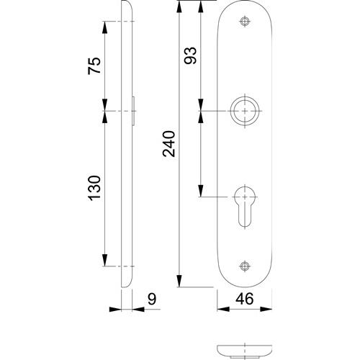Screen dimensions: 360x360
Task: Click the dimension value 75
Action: [x=94, y=66]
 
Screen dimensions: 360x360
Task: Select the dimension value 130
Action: [x=94, y=188]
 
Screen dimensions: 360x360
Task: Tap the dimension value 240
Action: [x=169, y=144]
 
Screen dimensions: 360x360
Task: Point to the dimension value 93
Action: [x=190, y=55]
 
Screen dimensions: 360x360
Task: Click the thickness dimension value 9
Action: [x=152, y=299]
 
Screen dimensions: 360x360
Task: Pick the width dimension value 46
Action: [x=244, y=299]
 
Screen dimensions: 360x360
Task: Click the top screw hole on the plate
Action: [x=245, y=22]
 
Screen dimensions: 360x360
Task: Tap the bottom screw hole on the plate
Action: [x=245, y=266]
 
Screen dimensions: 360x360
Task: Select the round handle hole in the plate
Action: [x=245, y=111]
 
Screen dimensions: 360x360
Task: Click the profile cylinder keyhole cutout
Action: [x=245, y=207]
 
